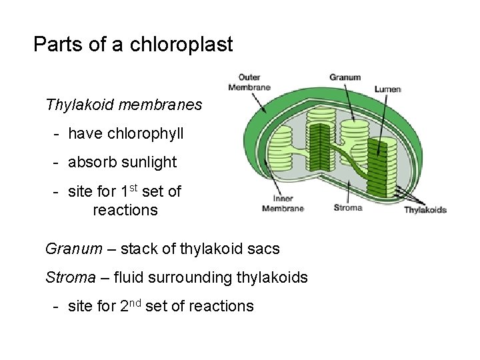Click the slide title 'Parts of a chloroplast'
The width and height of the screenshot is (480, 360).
point(133,45)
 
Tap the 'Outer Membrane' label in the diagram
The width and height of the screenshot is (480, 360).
point(249,83)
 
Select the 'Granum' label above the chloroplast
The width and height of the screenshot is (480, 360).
point(345,77)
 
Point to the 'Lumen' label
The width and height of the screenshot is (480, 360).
point(387,89)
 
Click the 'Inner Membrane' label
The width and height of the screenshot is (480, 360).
point(283,203)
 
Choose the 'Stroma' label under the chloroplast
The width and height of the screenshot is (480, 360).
point(347,207)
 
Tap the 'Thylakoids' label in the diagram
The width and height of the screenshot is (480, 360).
point(425,210)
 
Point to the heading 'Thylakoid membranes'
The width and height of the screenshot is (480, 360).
point(123,105)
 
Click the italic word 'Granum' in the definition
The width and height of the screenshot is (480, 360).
point(74,249)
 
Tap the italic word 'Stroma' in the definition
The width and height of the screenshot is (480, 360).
point(71,277)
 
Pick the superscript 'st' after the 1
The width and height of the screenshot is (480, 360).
point(133,188)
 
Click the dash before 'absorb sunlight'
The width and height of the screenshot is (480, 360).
point(59,162)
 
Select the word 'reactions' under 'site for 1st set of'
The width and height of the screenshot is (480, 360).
point(125,210)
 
